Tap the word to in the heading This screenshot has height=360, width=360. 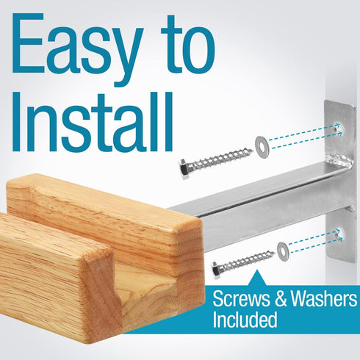point(188,44)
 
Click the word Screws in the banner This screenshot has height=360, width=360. point(242,298)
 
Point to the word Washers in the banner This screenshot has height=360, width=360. point(324,298)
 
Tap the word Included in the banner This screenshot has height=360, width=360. point(245,319)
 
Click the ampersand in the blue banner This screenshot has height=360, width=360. point(281,298)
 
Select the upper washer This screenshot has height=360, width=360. point(262,147)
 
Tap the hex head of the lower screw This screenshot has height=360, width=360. point(217,270)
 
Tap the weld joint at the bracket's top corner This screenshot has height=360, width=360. point(340,162)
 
